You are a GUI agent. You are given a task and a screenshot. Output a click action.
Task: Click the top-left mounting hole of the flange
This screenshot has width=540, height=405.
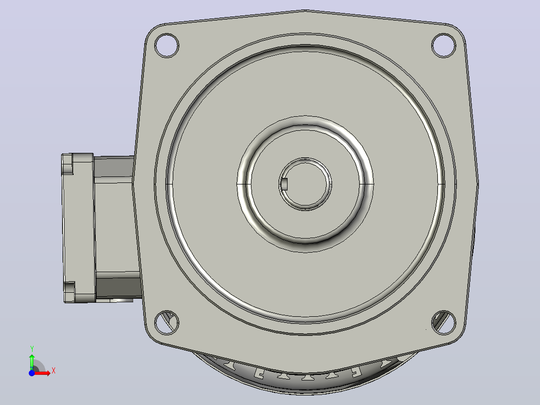point(167,46)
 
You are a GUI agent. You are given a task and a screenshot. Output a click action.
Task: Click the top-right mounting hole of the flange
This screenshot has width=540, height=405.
point(444,45)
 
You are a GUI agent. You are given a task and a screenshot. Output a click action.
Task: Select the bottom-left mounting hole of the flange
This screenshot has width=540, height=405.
point(167,323)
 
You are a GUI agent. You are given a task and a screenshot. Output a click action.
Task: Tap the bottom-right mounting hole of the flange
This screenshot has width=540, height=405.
point(444,323)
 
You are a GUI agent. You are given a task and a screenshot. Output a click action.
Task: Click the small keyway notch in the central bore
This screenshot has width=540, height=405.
point(284,184)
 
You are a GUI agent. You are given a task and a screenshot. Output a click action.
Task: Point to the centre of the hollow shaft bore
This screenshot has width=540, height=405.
point(305,184)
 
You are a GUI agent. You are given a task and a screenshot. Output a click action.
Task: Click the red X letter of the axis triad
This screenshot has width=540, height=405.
point(54,371)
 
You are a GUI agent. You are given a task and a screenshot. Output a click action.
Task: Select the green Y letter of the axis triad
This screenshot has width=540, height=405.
point(32,349)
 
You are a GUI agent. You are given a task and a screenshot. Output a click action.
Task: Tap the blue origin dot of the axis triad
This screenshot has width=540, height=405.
point(32,373)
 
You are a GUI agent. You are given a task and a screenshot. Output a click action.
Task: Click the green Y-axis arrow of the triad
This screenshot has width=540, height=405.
point(32,362)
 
